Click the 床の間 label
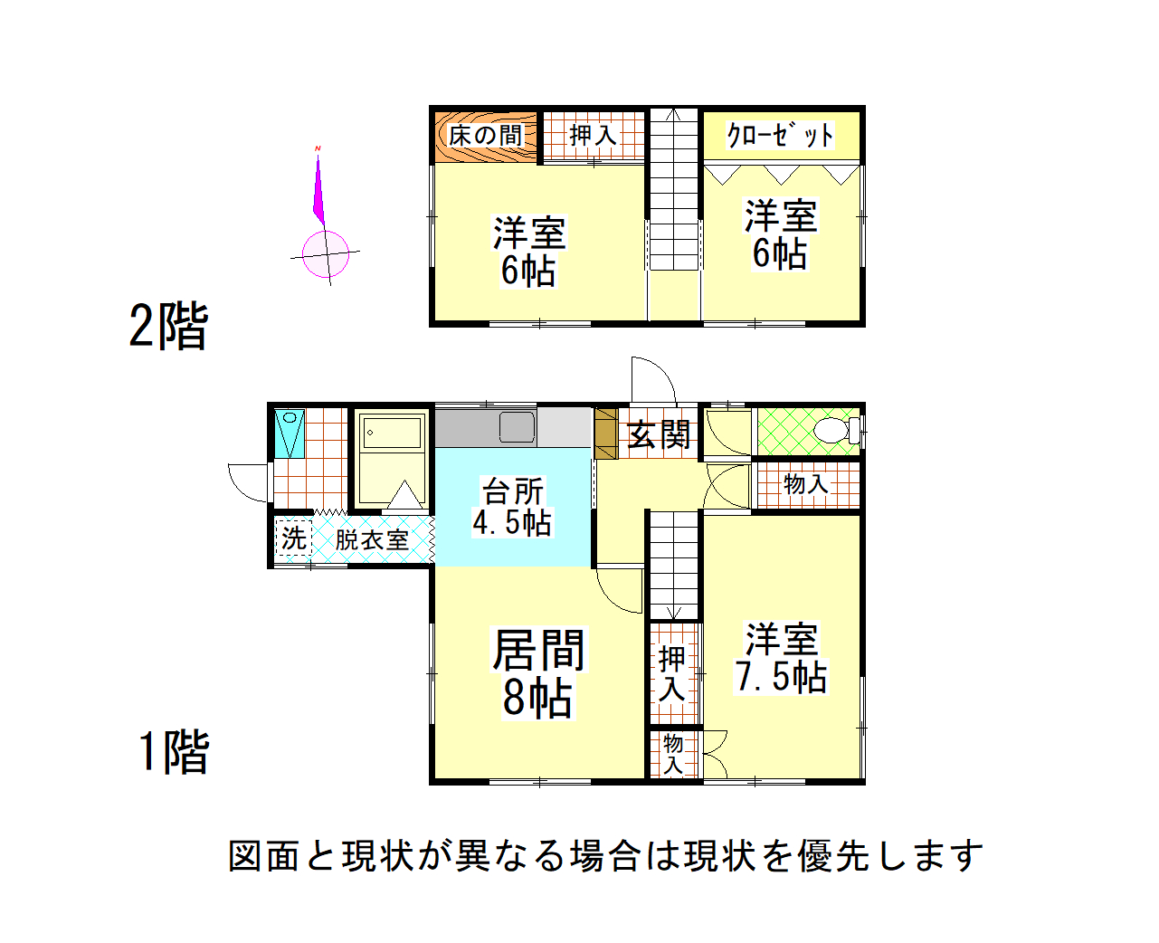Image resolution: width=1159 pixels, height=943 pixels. click(x=484, y=135)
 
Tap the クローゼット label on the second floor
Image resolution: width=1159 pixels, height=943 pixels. click(x=780, y=135)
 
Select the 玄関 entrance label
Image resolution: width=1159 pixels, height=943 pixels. click(x=659, y=434)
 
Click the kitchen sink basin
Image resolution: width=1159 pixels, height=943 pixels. click(x=517, y=426)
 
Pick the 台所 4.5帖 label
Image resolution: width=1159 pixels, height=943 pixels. click(x=512, y=507)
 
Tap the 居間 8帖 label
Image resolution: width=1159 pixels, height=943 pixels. click(x=537, y=673)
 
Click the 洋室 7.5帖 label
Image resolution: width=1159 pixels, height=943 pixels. click(x=782, y=658)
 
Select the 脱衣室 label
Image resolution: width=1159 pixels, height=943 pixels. click(x=372, y=539)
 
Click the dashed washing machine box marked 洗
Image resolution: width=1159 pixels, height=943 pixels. click(x=294, y=538)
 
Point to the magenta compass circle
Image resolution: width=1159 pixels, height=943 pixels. click(x=326, y=254)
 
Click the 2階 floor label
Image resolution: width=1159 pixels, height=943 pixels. click(x=168, y=326)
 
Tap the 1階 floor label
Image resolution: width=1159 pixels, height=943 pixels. click(x=174, y=751)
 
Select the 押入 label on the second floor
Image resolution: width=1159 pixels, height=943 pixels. click(x=593, y=135)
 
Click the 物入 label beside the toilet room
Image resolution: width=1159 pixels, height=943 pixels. click(x=805, y=484)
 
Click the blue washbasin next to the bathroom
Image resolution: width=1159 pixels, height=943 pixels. click(x=290, y=433)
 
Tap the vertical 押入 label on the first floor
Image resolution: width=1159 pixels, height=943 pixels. click(x=671, y=673)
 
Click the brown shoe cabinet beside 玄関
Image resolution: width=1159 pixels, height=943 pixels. click(x=605, y=433)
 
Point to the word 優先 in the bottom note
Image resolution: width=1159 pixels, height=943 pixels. click(x=833, y=856)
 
